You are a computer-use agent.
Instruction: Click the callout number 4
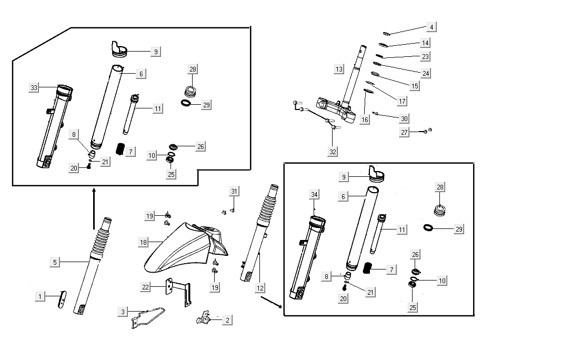coord(431,27)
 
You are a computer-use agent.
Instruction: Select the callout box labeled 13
coord(339,69)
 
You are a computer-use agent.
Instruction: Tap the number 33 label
coord(34,88)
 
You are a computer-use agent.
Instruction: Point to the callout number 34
coord(314,195)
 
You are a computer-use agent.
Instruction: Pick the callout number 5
coord(55,262)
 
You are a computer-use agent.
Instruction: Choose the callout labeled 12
coord(260,288)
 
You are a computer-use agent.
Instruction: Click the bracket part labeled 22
coord(179,292)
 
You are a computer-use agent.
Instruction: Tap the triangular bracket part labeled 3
coord(147,317)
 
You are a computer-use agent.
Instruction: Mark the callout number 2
coord(227,320)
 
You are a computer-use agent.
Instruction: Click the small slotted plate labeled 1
coord(62,299)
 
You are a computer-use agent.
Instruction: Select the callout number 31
coord(234,191)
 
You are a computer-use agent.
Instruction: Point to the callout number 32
coord(333,152)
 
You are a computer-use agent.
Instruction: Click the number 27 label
coord(404,133)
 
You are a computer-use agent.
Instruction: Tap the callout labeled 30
coord(404,118)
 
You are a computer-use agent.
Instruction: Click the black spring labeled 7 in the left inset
coord(120,149)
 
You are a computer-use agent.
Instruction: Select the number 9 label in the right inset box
coord(344,177)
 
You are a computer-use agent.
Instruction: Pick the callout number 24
coord(426,73)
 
